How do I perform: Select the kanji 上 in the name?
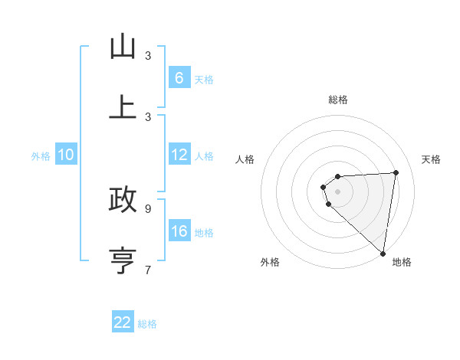[x=123, y=107]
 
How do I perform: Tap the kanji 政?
[x=123, y=199]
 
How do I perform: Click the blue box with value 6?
[x=179, y=78]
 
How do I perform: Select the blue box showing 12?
[x=179, y=155]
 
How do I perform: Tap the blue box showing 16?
[x=179, y=231]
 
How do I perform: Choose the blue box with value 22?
[x=123, y=322]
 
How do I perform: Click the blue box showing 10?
[x=65, y=155]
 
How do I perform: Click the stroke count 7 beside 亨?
[x=148, y=270]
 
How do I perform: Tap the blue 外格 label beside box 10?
[x=41, y=156]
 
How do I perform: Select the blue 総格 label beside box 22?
[x=147, y=323]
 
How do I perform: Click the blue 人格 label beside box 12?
[x=204, y=156]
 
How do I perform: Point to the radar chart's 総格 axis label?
[x=338, y=100]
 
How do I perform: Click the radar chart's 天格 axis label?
[x=431, y=159]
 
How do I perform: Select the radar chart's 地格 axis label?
[x=402, y=262]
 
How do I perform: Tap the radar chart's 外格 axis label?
[x=270, y=262]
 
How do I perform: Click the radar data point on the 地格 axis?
[x=383, y=253]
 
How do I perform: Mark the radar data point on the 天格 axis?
[x=396, y=172]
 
